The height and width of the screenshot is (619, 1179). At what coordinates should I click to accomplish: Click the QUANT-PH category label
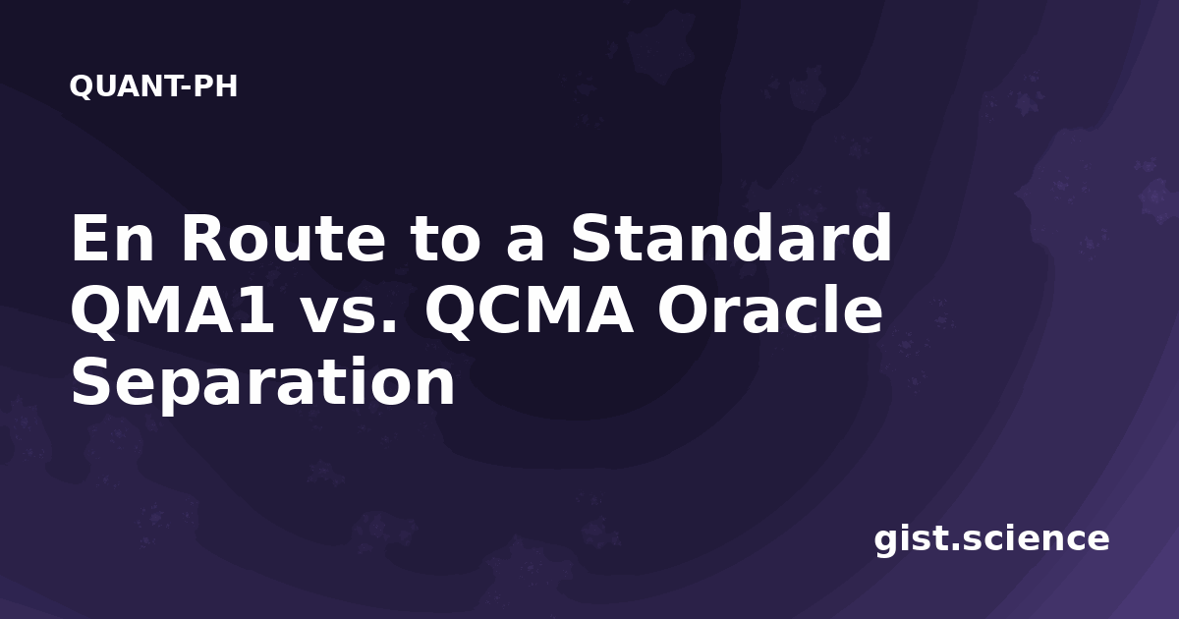point(153,86)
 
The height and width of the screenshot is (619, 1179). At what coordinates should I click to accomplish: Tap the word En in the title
point(113,238)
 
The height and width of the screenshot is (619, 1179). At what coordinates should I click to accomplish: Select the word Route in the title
point(283,238)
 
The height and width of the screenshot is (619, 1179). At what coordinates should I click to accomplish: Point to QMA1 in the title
point(173,310)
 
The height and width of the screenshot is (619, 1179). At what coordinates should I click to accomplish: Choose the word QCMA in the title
point(529,310)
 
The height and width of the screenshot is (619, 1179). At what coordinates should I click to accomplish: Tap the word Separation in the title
point(263,382)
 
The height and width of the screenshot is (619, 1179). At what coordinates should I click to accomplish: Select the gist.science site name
point(991,539)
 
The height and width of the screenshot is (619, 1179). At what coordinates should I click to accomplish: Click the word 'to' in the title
point(445,240)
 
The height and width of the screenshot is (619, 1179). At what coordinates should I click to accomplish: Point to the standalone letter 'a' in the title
point(525,245)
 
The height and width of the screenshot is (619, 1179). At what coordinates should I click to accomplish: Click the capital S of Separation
point(90,381)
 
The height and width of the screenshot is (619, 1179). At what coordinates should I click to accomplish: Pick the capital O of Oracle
point(682,309)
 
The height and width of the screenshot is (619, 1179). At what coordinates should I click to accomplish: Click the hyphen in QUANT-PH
point(186,88)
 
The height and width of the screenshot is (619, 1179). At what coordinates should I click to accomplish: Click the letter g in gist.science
point(886,542)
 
